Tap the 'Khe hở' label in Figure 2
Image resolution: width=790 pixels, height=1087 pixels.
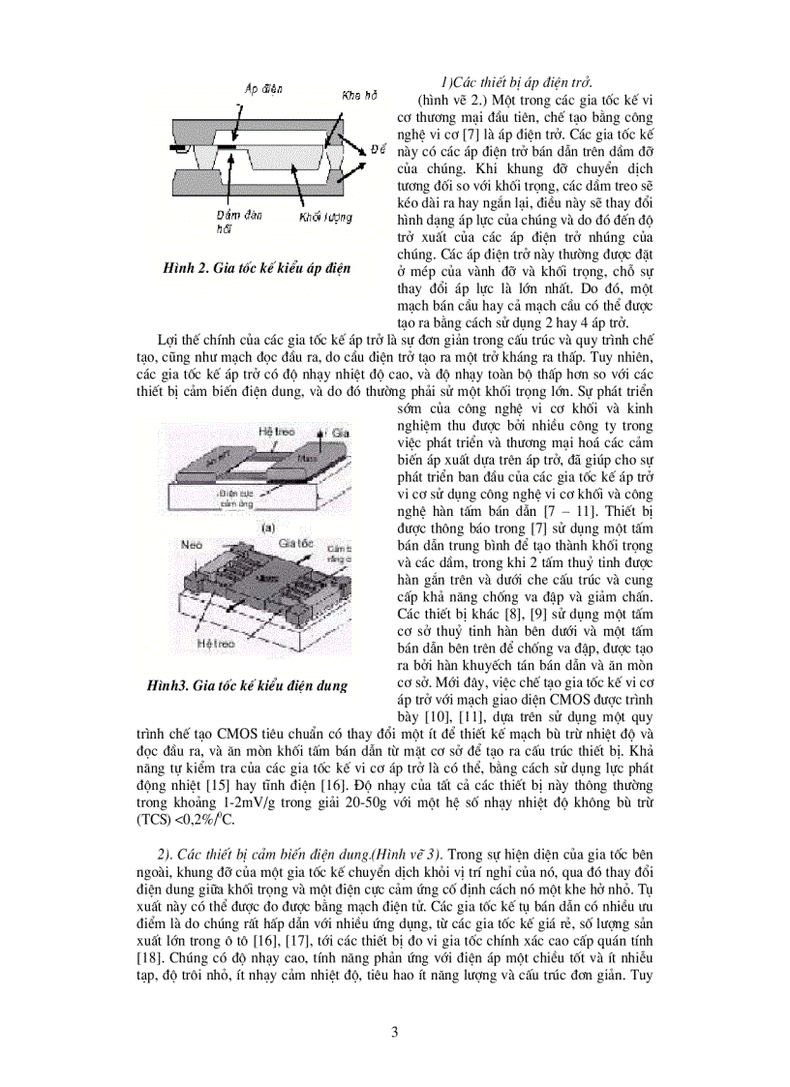358,96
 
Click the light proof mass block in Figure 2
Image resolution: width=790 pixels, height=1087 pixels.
281,161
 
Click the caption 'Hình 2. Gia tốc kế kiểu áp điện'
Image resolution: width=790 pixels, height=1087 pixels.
257,267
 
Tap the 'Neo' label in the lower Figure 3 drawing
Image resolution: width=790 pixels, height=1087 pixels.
191,546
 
